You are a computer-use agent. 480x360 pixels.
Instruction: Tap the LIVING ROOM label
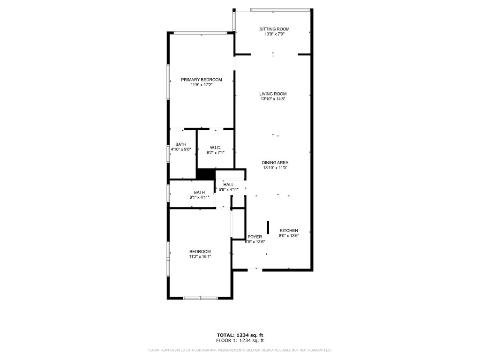273,94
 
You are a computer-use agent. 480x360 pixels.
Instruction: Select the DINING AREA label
275,163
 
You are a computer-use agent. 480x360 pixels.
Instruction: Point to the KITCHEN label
289,231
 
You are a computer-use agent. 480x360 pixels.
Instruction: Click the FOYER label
255,237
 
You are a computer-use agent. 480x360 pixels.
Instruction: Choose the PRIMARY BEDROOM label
202,80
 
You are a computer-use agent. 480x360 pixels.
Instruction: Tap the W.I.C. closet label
216,148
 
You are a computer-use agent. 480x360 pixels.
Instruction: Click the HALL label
228,184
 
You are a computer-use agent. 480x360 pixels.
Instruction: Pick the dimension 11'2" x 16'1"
200,256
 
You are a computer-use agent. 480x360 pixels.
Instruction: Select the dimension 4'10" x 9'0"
181,149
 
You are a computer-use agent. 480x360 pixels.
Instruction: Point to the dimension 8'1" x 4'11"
200,197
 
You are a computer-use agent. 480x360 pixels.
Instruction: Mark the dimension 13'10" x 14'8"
273,99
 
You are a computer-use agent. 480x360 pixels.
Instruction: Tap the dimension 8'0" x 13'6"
289,236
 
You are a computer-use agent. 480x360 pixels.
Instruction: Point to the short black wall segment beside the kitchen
268,227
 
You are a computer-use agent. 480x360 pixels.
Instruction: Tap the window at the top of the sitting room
280,9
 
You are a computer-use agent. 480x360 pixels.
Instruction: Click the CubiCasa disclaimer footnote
240,350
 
